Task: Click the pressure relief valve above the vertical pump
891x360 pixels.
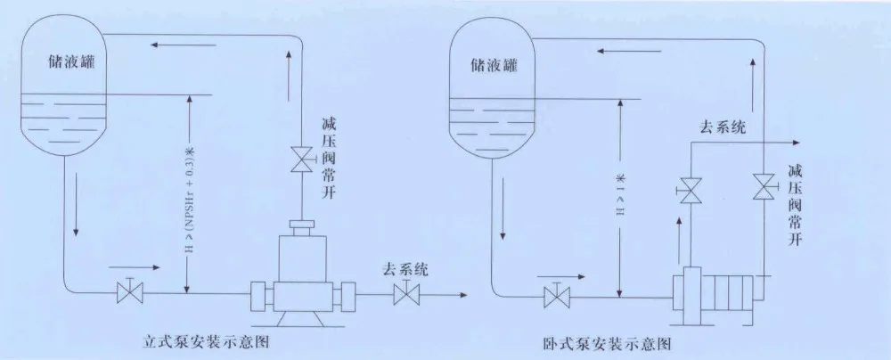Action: click(298, 160)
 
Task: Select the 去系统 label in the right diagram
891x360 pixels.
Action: click(719, 127)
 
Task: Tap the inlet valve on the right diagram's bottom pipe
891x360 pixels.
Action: click(558, 294)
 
